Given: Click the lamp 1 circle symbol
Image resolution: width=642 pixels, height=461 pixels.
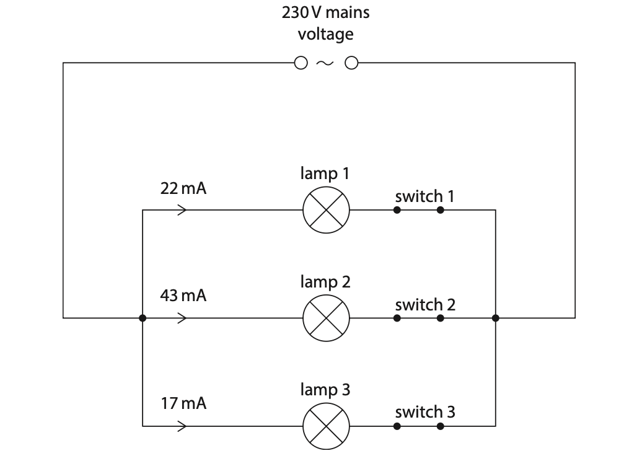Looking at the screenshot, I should tap(326, 210).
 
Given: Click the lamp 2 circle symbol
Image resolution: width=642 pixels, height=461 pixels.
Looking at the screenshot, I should tap(326, 318).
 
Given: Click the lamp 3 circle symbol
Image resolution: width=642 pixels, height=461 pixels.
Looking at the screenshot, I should tap(326, 426).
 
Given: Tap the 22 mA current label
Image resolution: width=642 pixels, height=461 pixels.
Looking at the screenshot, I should tap(183, 188).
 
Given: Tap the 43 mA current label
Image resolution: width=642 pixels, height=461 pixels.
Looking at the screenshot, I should tap(183, 296).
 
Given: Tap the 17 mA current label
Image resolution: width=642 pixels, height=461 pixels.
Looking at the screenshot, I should tap(183, 404).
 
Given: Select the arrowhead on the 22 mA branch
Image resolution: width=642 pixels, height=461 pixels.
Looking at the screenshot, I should tap(182, 210).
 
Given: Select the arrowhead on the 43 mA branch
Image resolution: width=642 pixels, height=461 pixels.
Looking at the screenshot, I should tap(182, 318).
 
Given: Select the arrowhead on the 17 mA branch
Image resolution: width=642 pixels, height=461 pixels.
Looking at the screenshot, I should tap(182, 426).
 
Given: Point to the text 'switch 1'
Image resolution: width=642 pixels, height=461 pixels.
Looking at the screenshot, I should tap(425, 197).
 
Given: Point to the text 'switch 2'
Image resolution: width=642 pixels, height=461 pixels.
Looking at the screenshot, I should tap(425, 305).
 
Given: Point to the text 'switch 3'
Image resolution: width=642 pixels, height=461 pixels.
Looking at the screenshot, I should tap(425, 412).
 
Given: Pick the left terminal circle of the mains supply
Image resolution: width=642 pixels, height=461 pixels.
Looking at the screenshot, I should tap(301, 63).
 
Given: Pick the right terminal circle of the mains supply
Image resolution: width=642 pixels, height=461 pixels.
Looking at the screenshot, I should tap(351, 63).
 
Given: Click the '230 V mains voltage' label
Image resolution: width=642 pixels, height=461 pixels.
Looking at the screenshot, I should tap(325, 23).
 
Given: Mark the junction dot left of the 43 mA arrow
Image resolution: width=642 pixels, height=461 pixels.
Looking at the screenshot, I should tap(143, 318).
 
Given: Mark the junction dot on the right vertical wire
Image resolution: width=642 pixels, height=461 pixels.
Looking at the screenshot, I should tap(495, 318).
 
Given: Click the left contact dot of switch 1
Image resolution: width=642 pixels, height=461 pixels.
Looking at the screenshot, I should tap(397, 210).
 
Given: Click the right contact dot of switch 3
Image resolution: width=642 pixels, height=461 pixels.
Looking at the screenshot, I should tap(440, 426).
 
